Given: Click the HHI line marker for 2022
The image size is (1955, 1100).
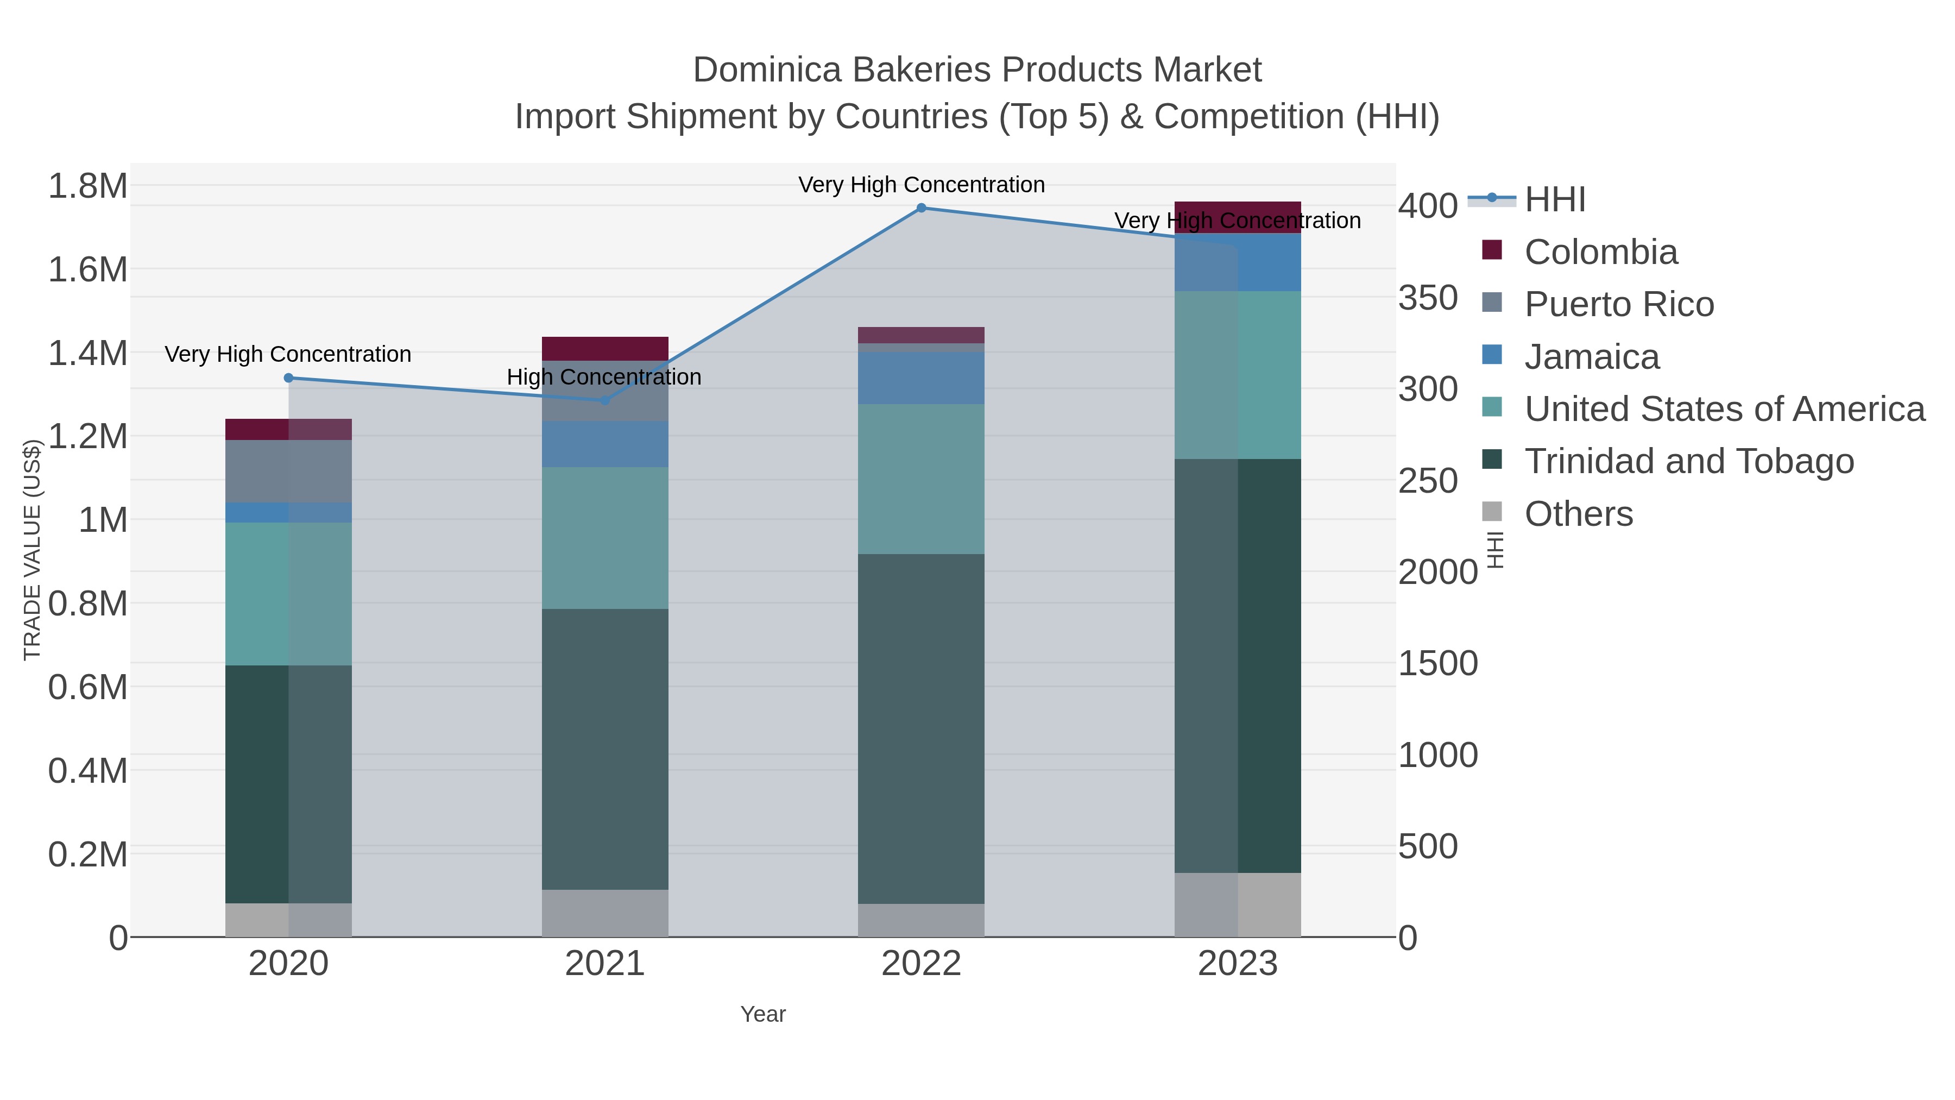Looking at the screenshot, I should point(922,208).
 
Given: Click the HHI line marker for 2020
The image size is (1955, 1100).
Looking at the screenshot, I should point(288,378).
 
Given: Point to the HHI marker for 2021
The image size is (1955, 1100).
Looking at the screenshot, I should point(605,400).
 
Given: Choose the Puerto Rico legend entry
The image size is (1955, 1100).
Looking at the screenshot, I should point(1619,304).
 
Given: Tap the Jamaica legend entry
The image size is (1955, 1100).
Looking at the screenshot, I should point(1592,357).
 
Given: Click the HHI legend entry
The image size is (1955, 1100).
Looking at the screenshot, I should point(1554,200).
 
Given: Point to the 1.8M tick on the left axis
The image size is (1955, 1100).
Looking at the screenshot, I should point(88,186).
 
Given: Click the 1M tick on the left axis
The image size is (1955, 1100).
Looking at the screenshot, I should point(103,520).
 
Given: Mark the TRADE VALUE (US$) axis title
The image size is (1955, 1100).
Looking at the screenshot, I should point(32,550).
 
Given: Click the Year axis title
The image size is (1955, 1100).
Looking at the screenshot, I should point(763,1014).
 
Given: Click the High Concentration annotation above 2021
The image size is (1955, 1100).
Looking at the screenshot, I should point(604,378).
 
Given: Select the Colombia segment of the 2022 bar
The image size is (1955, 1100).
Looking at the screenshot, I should point(922,335).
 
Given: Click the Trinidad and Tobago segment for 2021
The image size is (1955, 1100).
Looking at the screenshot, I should point(605,749).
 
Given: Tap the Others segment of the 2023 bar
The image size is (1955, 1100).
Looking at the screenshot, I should point(1238,905).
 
